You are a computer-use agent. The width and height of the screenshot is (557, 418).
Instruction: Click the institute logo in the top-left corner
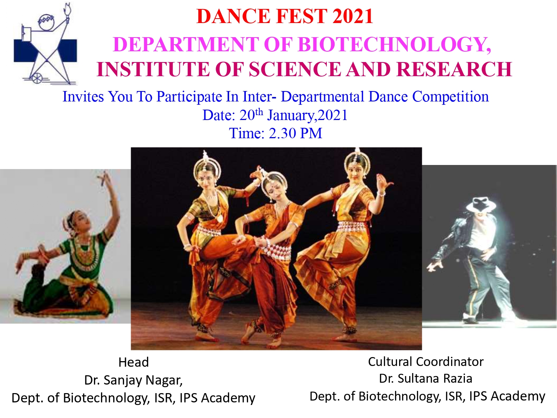point(45,43)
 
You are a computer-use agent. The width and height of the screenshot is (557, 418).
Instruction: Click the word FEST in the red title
point(302,16)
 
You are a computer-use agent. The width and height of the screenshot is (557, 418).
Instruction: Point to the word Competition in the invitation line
point(450,97)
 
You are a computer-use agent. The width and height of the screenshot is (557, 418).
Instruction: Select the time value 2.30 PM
point(295,133)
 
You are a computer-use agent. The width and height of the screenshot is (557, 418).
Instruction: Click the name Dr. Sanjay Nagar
point(133,380)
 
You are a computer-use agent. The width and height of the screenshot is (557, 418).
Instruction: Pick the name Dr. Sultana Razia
point(426,378)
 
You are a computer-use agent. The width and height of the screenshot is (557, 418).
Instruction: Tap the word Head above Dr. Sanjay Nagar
point(133,362)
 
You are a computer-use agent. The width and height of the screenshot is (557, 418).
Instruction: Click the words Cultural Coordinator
point(426,362)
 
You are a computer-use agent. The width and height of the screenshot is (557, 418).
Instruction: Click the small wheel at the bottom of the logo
point(37,78)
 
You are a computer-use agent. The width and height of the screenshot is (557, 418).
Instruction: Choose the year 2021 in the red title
point(353,16)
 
